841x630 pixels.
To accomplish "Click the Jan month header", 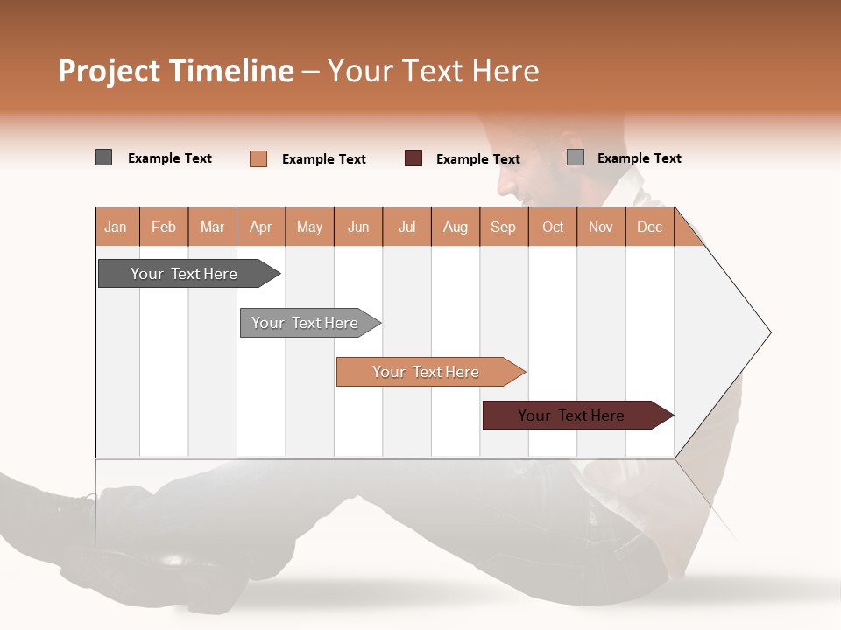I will tap(116, 227).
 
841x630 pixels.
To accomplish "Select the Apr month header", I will tap(260, 227).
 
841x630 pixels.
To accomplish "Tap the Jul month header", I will tap(406, 227).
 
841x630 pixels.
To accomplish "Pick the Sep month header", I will tap(503, 227).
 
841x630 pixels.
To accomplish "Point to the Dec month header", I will tap(649, 227).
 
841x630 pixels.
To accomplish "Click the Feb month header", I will tap(164, 227).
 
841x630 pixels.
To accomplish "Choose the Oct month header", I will tap(553, 227).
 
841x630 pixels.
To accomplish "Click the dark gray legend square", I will tap(103, 157).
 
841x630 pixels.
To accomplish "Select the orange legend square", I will tap(258, 158).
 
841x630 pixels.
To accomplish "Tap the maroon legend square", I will tap(413, 158).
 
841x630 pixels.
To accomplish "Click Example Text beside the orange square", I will tap(324, 159).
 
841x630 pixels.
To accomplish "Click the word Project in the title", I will tap(110, 71).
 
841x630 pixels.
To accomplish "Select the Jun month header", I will tap(358, 227).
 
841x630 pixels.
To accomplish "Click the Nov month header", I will tap(601, 227).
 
